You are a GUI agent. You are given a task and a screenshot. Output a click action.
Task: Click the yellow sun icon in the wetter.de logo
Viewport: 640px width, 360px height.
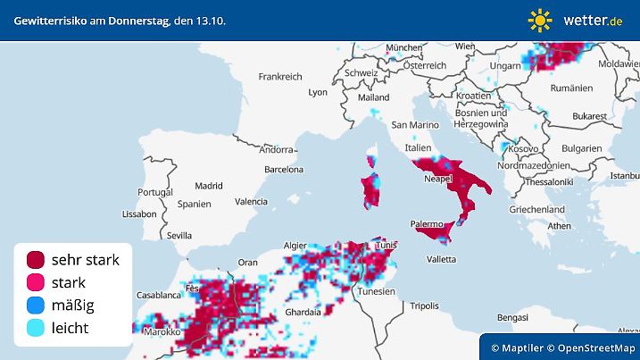[539, 19]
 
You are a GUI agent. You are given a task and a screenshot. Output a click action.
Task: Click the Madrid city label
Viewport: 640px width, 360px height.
[208, 187]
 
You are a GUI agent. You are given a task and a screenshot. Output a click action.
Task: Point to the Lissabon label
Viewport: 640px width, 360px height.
[138, 214]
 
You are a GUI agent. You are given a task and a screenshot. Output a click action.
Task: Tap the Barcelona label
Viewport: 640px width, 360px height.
[284, 168]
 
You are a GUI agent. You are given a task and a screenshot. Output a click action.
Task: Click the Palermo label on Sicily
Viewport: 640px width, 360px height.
[427, 223]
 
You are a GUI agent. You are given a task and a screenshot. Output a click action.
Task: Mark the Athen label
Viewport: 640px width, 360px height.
[559, 226]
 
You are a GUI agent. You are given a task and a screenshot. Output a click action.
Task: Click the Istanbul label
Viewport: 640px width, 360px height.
[624, 175]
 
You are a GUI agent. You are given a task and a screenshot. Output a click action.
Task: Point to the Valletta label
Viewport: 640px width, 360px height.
[441, 259]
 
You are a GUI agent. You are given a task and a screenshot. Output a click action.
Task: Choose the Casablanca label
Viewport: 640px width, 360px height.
[160, 294]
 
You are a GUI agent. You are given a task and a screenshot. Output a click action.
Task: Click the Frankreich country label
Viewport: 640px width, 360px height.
[282, 77]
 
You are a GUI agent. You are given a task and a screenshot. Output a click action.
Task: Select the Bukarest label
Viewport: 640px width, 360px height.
[590, 116]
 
